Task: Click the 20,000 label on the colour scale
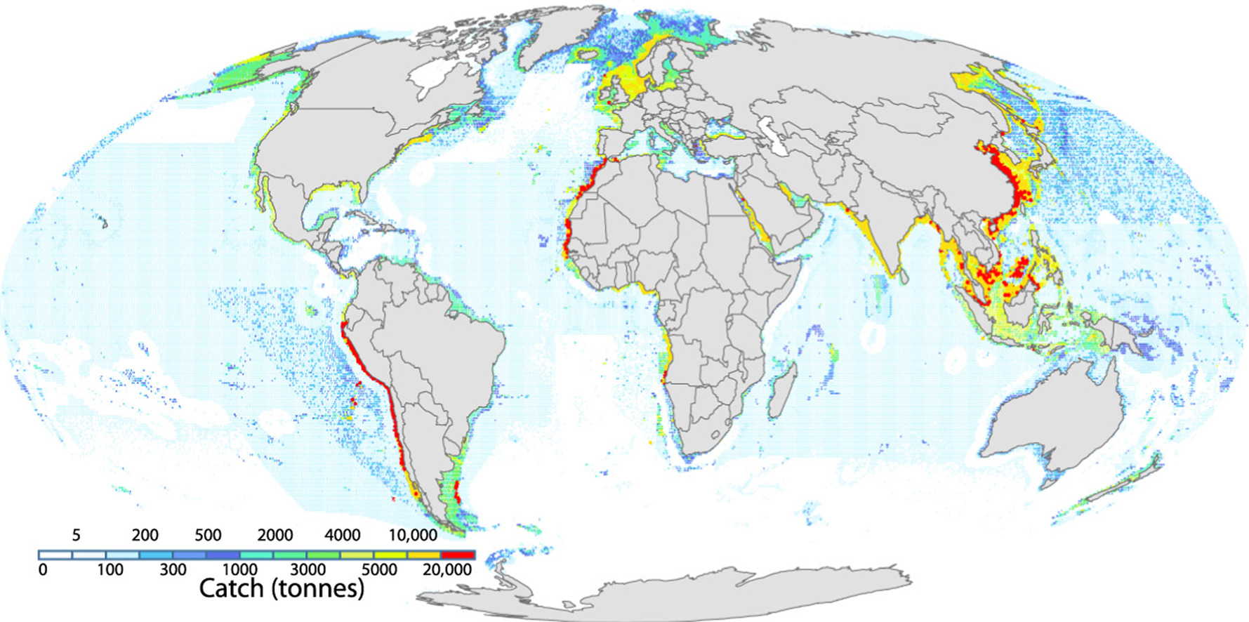click(x=447, y=569)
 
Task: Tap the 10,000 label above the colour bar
click(x=413, y=536)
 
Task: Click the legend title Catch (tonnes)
click(x=282, y=588)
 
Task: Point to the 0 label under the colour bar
click(x=43, y=569)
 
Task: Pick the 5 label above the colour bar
click(x=76, y=536)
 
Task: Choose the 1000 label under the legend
click(x=239, y=569)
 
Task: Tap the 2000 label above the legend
click(x=275, y=536)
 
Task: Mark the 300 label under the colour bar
click(x=173, y=569)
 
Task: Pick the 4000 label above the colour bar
click(x=342, y=536)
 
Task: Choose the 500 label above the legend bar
click(x=208, y=536)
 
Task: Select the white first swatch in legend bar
click(x=55, y=555)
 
